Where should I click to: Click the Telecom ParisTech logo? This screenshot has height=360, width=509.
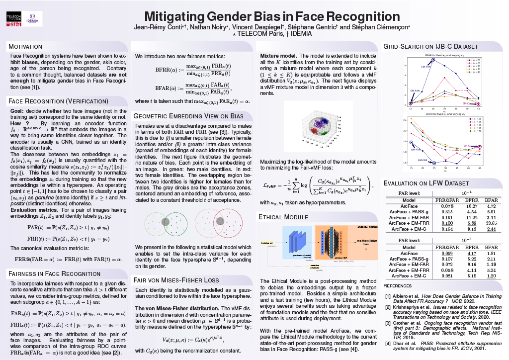tap(14, 18)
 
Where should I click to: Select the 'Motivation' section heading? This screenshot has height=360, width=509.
tap(25, 46)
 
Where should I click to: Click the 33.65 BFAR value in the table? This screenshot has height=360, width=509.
tap(490, 223)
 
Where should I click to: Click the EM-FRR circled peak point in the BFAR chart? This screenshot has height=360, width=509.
tap(433, 60)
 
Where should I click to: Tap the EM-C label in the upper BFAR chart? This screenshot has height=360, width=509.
tap(466, 103)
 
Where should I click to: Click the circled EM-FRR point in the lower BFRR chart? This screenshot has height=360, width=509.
tap(434, 163)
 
